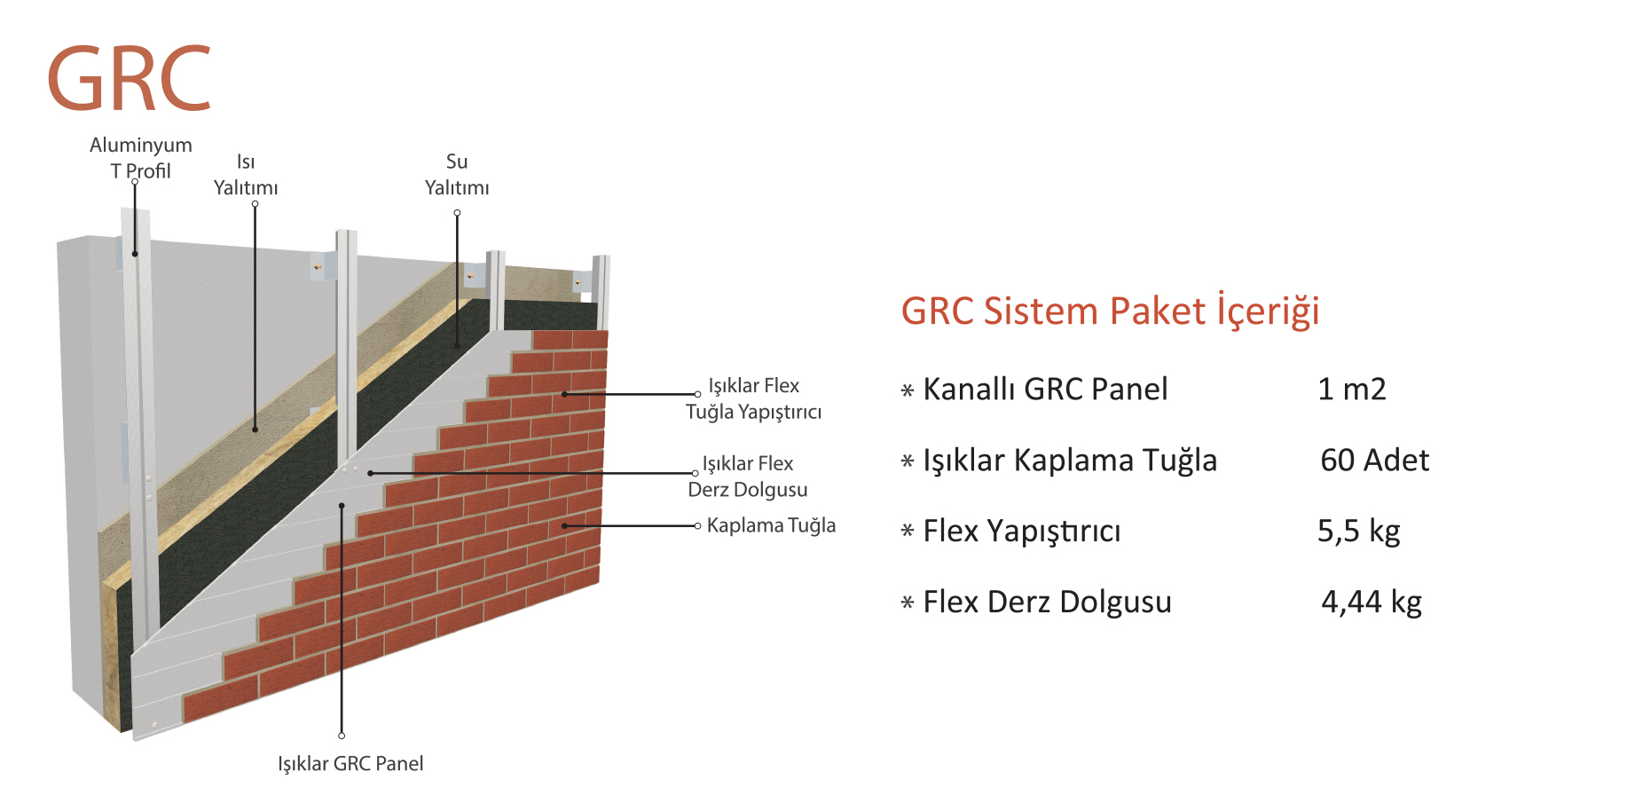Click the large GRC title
130,80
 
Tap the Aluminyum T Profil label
140,157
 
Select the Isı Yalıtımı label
246,175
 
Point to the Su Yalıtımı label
457,175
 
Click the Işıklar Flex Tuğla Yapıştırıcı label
754,398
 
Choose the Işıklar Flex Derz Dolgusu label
748,477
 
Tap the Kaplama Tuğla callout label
771,525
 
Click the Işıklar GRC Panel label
350,763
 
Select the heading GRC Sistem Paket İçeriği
1110,311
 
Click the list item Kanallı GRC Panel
1045,390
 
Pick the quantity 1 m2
1351,390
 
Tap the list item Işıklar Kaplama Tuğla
1070,461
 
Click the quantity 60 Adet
1374,461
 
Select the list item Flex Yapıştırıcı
1022,532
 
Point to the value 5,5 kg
1358,532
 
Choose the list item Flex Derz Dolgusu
1047,603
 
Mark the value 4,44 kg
1371,603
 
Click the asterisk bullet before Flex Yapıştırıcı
907,532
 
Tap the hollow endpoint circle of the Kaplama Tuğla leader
697,526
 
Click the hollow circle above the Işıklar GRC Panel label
342,736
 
